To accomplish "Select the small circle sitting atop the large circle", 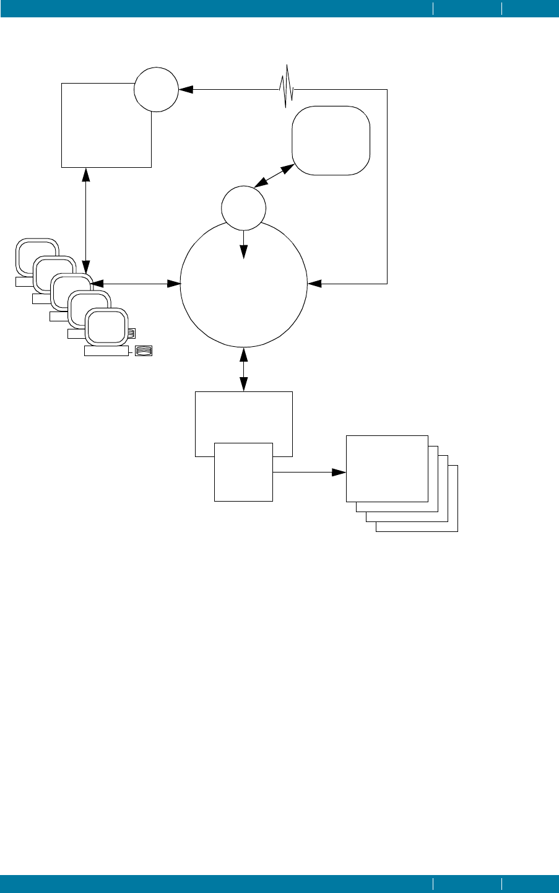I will (x=243, y=207).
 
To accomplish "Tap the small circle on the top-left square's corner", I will (x=156, y=89).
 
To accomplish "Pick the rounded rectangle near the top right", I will (x=331, y=141).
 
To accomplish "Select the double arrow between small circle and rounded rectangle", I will (x=275, y=176).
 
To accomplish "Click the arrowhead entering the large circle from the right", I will (x=314, y=284).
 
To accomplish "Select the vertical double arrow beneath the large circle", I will (x=243, y=369).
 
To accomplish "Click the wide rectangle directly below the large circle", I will (x=243, y=415).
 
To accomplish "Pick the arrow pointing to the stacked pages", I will (x=310, y=473).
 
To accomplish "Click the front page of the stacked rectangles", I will (x=386, y=468).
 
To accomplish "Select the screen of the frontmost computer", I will (x=106, y=326).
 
